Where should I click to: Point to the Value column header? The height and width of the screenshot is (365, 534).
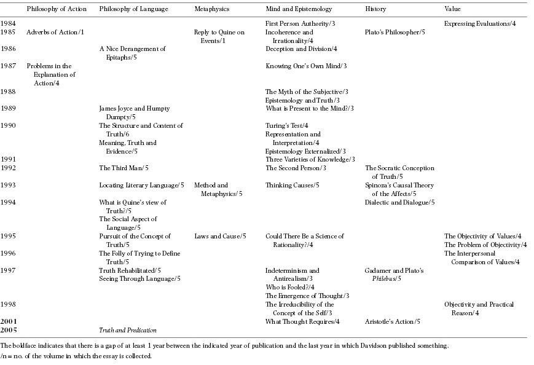[452, 9]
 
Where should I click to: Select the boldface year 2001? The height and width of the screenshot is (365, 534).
[9, 321]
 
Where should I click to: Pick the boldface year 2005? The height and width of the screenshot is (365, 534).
[9, 331]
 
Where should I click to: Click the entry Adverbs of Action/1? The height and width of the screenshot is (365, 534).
[55, 32]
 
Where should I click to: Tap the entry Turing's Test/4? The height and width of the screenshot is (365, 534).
[286, 125]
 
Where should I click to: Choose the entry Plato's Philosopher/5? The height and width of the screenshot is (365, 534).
[395, 32]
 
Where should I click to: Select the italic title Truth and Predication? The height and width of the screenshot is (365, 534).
[128, 331]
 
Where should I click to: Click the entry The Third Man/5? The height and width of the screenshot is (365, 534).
[124, 168]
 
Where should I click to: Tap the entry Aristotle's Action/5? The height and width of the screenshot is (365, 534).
[393, 321]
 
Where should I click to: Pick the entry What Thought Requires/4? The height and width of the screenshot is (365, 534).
[302, 321]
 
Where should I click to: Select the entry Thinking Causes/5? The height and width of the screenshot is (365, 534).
[292, 185]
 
